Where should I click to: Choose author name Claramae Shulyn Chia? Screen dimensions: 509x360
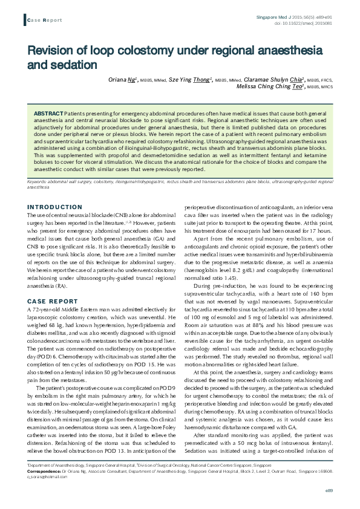pyautogui.click(x=269, y=79)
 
